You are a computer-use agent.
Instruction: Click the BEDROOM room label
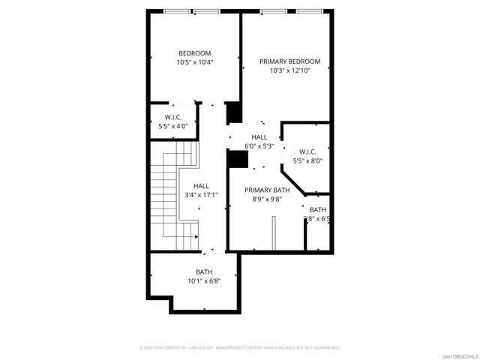click(x=194, y=52)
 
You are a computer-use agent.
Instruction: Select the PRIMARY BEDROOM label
click(x=289, y=61)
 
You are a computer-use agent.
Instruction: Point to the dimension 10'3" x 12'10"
click(x=289, y=70)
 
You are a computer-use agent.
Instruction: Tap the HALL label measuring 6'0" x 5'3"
click(x=259, y=136)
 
